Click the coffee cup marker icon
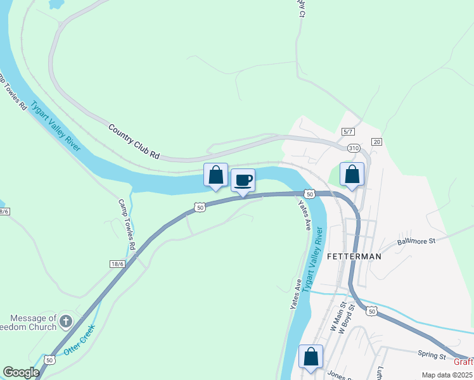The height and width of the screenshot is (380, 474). (243, 180)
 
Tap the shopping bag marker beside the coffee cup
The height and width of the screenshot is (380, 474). (215, 175)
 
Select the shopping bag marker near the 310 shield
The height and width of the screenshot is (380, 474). (352, 174)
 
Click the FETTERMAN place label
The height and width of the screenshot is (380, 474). (354, 256)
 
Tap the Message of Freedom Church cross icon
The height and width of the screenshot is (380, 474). (65, 322)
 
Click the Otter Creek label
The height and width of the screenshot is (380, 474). (79, 339)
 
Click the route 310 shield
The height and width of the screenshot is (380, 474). (353, 148)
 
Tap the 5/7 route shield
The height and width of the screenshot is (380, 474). (347, 131)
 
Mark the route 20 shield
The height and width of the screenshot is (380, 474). (376, 141)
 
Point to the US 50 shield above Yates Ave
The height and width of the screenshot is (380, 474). (309, 193)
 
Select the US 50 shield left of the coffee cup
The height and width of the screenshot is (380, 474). (200, 206)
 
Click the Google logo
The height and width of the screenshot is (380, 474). (22, 372)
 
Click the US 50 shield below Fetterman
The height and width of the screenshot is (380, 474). (371, 310)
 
